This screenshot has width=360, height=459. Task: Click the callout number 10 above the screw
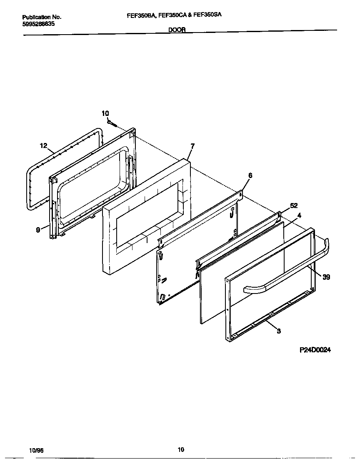click(x=105, y=113)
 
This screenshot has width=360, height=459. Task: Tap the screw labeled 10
click(x=112, y=123)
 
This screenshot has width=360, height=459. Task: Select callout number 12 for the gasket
click(x=43, y=145)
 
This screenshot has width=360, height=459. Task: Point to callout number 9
click(x=38, y=229)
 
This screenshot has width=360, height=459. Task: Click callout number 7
click(x=192, y=146)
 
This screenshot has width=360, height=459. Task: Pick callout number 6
click(x=250, y=176)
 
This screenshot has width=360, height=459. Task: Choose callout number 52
click(x=294, y=206)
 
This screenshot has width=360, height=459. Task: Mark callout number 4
click(x=299, y=215)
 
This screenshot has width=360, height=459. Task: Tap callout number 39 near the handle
click(x=326, y=276)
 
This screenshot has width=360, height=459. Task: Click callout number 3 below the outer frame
click(x=278, y=331)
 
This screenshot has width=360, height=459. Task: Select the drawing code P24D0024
click(x=315, y=350)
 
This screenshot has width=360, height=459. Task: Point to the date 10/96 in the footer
click(x=37, y=451)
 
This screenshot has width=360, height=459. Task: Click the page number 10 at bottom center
click(x=180, y=449)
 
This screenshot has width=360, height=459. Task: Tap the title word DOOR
click(x=177, y=30)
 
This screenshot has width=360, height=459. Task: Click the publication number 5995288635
click(x=38, y=24)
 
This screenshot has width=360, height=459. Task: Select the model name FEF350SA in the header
click(x=207, y=14)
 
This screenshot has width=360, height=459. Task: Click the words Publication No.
click(x=41, y=17)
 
